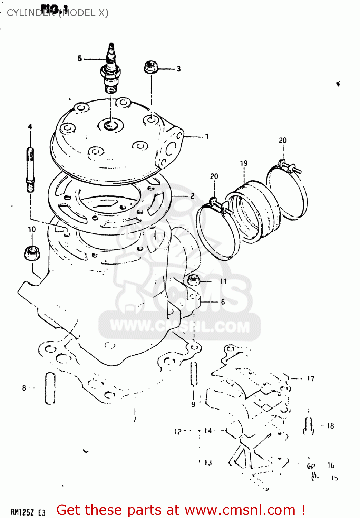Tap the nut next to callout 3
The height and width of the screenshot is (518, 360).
(151, 67)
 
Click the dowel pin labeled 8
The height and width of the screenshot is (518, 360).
(50, 388)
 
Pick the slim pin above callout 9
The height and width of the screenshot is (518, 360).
(194, 374)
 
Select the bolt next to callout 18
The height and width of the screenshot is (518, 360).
(308, 426)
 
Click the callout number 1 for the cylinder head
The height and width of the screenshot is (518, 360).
(207, 136)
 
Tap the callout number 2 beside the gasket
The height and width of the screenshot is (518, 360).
(192, 196)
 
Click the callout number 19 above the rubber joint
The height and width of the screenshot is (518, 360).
(244, 163)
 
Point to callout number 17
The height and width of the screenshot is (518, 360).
(311, 378)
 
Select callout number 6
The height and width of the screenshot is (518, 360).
(223, 301)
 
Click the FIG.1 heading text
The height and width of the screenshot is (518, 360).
(55, 9)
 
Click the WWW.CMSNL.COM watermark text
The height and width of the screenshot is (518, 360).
(180, 326)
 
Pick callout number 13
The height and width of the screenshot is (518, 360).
(208, 462)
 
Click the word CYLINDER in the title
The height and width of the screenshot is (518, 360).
(30, 13)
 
